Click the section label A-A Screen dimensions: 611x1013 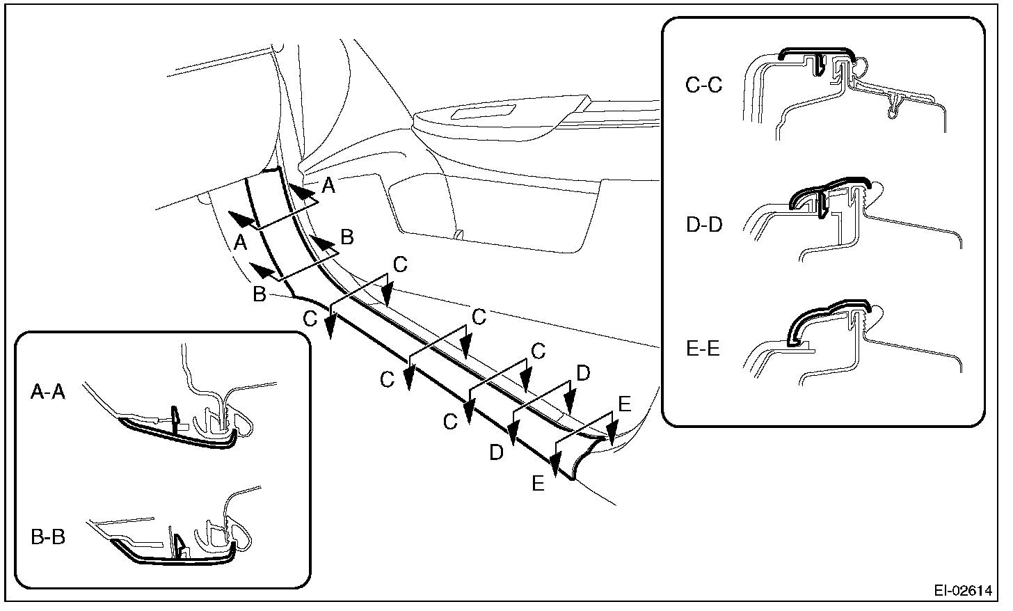pyautogui.click(x=48, y=393)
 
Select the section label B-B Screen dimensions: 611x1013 pyautogui.click(x=48, y=537)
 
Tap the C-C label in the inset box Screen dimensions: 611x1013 pyautogui.click(x=703, y=85)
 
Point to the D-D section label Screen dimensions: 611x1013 pyautogui.click(x=703, y=226)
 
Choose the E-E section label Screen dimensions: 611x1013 pyautogui.click(x=703, y=348)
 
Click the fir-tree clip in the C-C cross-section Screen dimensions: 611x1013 pyautogui.click(x=894, y=104)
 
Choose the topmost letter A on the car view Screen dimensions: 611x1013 pyautogui.click(x=328, y=185)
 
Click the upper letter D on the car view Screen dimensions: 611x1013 pyautogui.click(x=583, y=374)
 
